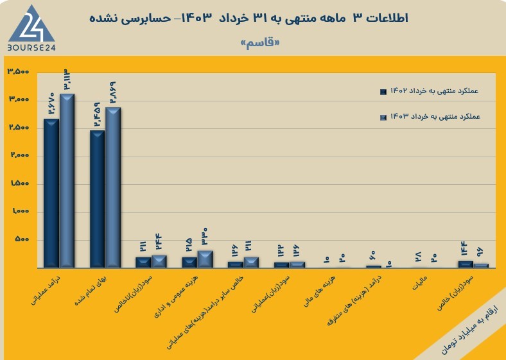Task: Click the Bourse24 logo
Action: [31, 28]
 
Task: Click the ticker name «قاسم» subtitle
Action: [260, 43]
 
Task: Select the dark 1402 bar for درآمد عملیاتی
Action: [51, 193]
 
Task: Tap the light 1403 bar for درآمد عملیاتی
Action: [67, 181]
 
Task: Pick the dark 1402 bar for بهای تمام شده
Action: [97, 199]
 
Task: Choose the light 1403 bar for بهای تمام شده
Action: [113, 187]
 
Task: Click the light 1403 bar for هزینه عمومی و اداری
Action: [205, 259]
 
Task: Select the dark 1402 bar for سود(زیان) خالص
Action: [466, 264]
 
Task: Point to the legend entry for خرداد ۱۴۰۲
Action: [430, 91]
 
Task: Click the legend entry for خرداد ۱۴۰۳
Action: [430, 116]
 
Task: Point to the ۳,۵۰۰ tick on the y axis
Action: [18, 72]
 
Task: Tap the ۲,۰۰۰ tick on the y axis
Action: [19, 155]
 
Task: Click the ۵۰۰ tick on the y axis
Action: [22, 239]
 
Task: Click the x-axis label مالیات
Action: [420, 282]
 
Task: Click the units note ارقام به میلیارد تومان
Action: [469, 330]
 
